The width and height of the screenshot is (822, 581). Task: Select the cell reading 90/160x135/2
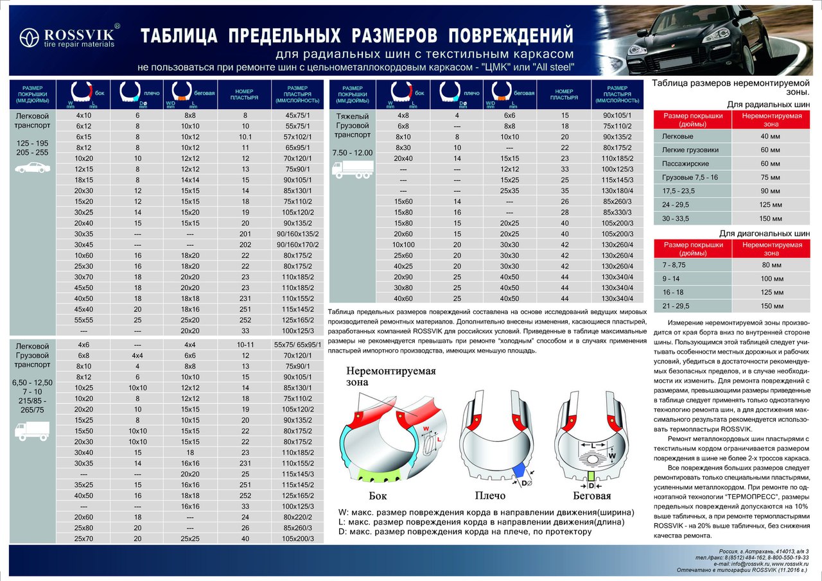click(297, 233)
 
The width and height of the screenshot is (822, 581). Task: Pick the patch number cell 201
click(245, 233)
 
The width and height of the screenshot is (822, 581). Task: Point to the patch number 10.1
click(245, 137)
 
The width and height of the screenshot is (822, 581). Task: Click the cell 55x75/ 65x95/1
click(297, 344)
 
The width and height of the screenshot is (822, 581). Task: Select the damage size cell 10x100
click(403, 244)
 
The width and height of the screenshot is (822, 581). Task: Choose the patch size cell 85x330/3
click(617, 212)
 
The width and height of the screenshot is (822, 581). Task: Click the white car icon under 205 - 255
click(31, 168)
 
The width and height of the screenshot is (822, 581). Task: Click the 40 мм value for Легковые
click(769, 135)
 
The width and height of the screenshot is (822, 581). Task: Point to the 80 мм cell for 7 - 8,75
click(769, 264)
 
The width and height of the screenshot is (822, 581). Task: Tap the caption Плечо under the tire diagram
click(490, 496)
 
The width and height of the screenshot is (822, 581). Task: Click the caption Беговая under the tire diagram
click(591, 496)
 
